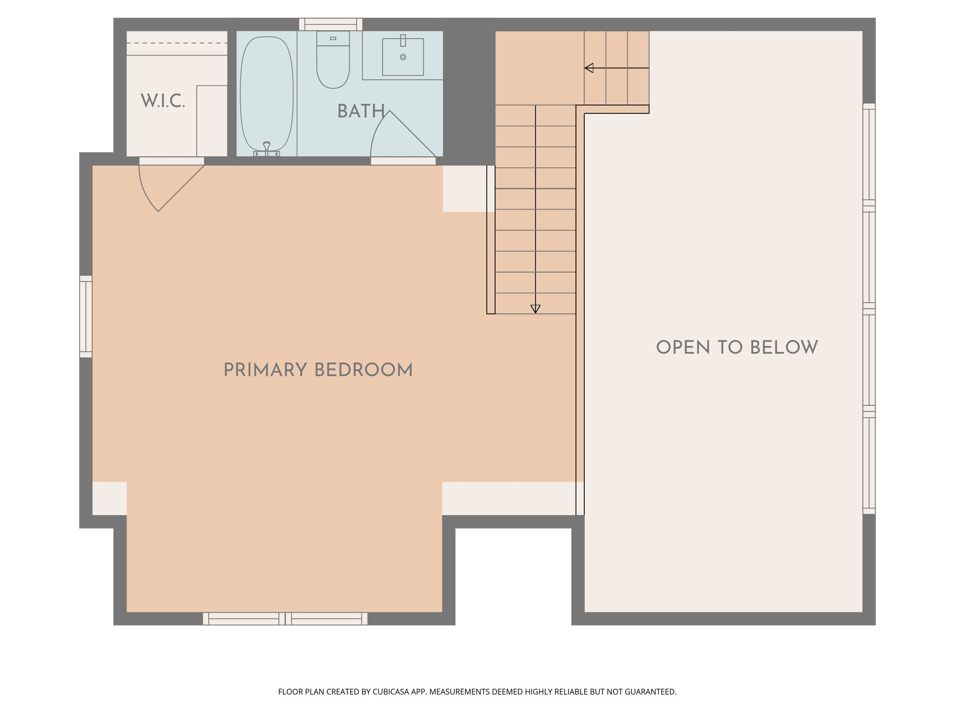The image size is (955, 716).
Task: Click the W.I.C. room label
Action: point(163,101)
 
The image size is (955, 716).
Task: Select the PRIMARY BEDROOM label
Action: point(318,370)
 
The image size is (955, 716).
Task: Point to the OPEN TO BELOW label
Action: point(737,347)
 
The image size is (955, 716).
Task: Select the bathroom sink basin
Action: point(403,57)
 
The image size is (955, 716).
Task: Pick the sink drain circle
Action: point(403,57)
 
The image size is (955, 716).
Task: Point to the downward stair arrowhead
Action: point(535,309)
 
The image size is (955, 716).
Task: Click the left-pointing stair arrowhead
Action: point(589,68)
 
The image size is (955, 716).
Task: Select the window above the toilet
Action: point(331,24)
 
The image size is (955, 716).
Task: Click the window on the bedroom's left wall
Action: point(86,317)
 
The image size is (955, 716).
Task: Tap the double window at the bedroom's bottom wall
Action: point(285,619)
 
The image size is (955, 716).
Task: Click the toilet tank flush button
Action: point(333,38)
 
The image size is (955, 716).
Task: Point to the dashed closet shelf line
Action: point(177,43)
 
